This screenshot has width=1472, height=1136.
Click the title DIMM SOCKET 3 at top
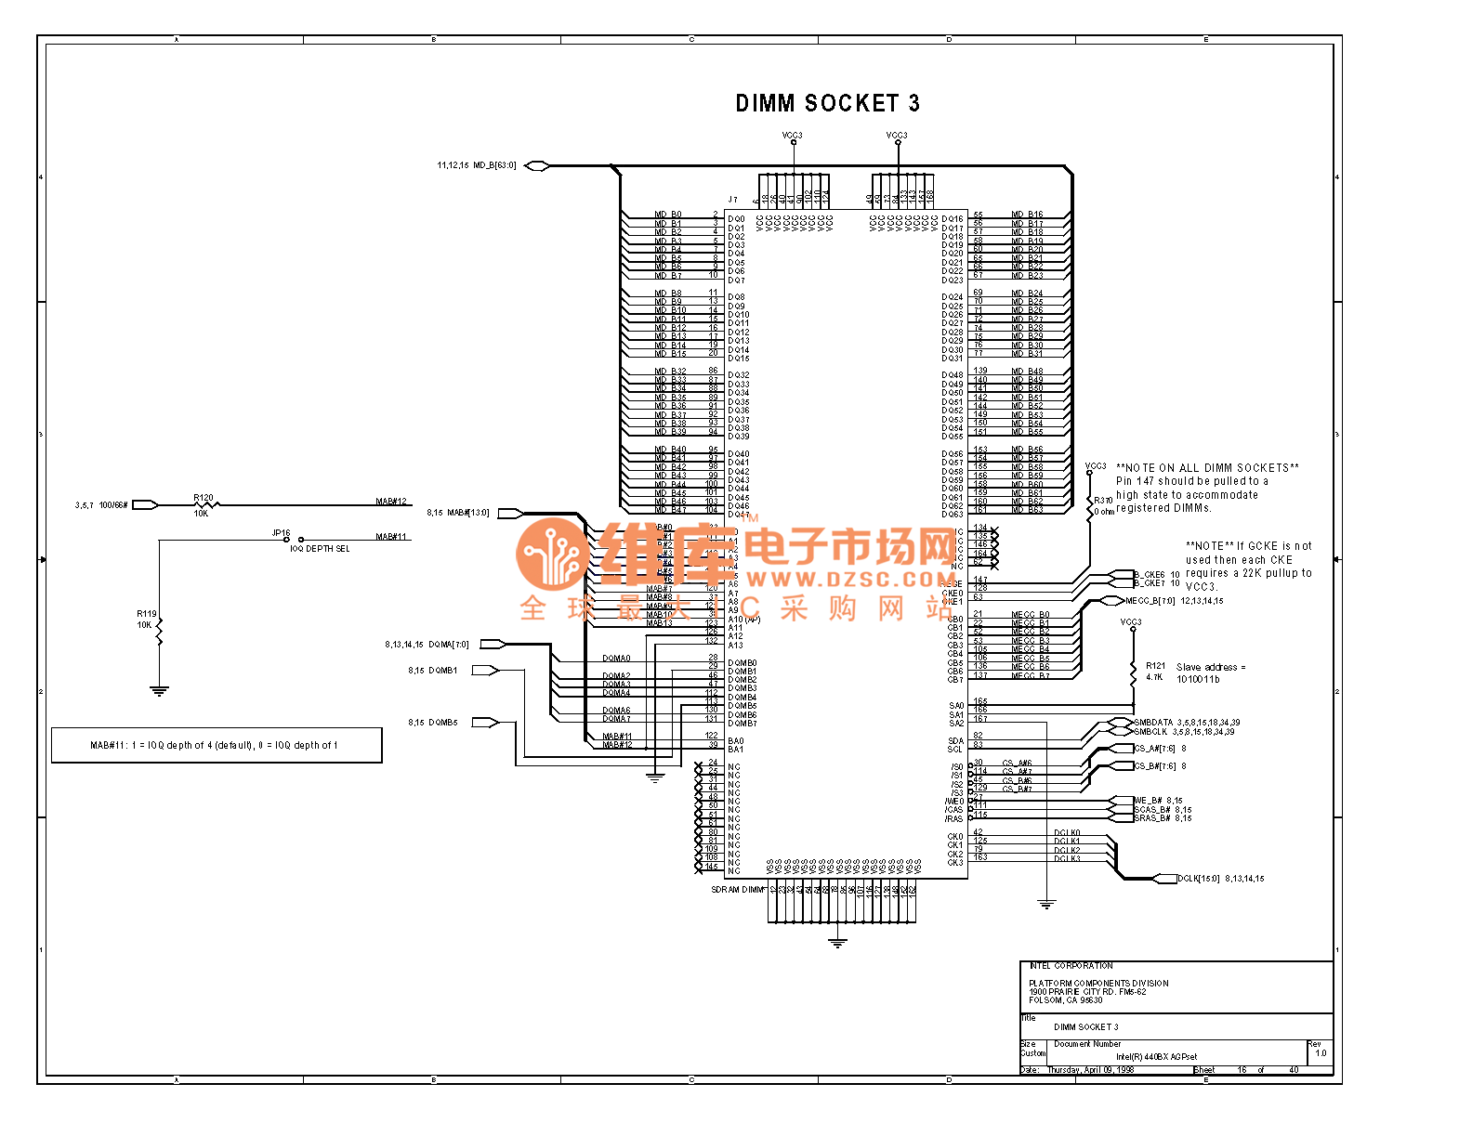click(x=827, y=103)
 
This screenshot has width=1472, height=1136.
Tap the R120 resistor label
click(x=204, y=498)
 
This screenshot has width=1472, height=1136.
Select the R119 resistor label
click(x=147, y=614)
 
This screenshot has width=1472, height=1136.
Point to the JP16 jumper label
click(x=281, y=533)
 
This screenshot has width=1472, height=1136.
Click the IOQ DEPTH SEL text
click(x=320, y=549)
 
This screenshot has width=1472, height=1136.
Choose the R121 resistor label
click(x=1155, y=666)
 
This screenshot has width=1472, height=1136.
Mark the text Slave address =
click(x=1211, y=667)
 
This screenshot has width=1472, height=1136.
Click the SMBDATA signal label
click(x=1153, y=723)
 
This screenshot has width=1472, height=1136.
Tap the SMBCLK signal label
click(x=1150, y=732)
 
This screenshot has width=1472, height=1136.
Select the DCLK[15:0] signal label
click(x=1198, y=879)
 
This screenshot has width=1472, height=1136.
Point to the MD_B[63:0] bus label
click(x=494, y=165)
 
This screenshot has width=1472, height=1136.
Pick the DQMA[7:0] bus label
click(x=449, y=644)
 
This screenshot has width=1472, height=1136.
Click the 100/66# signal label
click(x=113, y=505)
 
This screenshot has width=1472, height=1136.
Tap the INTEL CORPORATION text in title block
click(x=1071, y=966)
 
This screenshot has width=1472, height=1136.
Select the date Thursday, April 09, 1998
click(x=1090, y=1070)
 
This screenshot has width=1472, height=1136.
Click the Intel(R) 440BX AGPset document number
click(x=1156, y=1057)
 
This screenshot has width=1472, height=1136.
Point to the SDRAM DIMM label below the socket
click(x=738, y=890)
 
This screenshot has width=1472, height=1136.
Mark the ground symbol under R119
click(x=159, y=691)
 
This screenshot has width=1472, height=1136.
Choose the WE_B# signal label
click(x=1148, y=801)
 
